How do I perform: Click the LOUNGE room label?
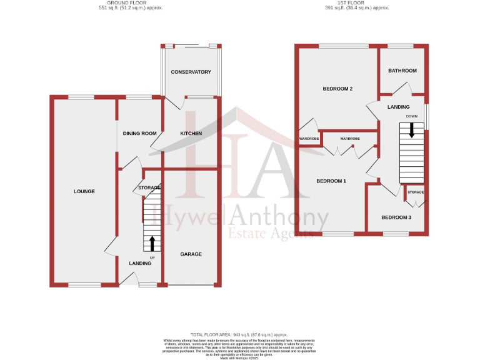(84, 191)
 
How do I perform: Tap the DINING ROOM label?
(139, 134)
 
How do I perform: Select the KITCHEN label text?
(191, 134)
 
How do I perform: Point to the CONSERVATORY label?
(191, 72)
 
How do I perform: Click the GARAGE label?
(191, 254)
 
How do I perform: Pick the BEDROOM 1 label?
(331, 181)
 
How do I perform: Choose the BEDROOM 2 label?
(337, 89)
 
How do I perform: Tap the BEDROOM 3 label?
(396, 217)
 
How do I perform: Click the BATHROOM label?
(402, 71)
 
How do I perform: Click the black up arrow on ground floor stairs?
(151, 242)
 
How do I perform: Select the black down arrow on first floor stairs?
(411, 130)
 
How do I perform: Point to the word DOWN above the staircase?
(411, 116)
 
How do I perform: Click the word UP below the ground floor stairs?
(152, 257)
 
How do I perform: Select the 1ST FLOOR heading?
(357, 3)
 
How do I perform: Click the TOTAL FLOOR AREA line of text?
(238, 335)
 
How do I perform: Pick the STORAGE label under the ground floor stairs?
(150, 187)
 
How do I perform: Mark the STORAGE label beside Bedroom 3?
(416, 192)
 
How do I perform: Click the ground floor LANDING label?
(140, 263)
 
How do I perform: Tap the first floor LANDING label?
(399, 107)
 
